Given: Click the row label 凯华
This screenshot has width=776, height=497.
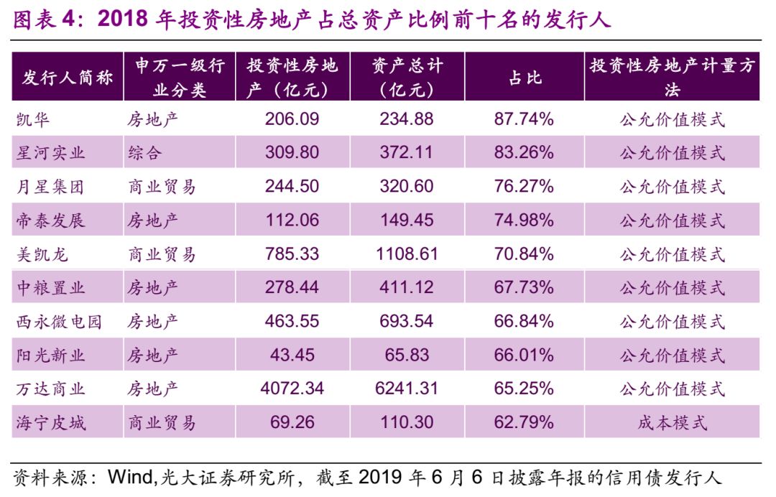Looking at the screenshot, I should tap(33, 119).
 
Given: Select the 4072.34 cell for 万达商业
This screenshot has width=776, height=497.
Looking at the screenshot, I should tap(292, 389).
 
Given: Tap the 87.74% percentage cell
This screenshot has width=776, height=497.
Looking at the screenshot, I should tap(524, 119).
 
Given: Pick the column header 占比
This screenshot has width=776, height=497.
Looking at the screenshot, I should tap(525, 78).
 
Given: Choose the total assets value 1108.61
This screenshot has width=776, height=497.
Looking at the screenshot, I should tap(407, 254).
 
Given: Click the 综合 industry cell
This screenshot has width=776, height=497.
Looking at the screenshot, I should tap(145, 153).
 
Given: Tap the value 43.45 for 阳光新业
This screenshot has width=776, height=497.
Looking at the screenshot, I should tap(292, 356).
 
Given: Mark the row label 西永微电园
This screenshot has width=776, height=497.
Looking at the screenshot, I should tap(59, 322).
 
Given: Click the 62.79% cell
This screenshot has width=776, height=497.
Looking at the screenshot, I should tap(524, 423).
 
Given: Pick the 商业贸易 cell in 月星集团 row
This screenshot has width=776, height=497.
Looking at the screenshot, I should tap(162, 187).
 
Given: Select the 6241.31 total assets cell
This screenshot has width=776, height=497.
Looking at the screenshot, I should tap(407, 389).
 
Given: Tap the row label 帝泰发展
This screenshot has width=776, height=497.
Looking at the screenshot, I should tap(50, 220).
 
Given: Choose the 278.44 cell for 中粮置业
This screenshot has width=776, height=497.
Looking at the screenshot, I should tap(292, 288).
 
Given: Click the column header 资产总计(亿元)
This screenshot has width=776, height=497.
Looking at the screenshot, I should tap(407, 78).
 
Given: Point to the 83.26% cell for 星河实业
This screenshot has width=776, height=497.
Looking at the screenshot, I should tap(524, 153).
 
